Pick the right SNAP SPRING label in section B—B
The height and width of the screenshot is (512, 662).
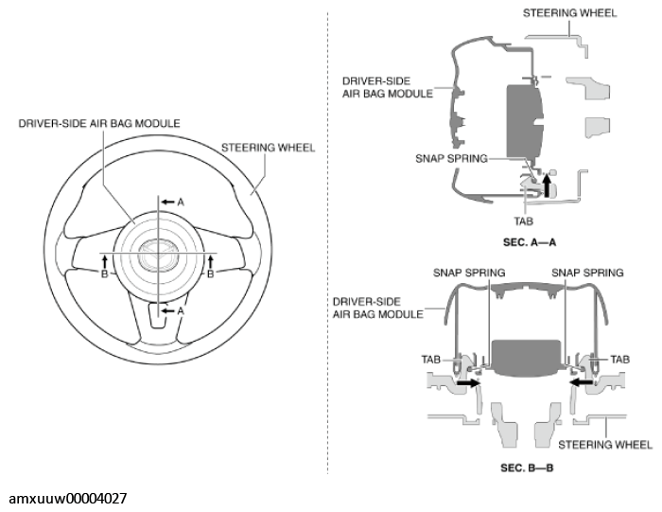click(x=588, y=273)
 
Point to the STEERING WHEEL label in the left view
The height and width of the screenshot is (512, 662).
click(x=268, y=148)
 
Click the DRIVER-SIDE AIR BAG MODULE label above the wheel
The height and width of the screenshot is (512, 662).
click(x=99, y=123)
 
